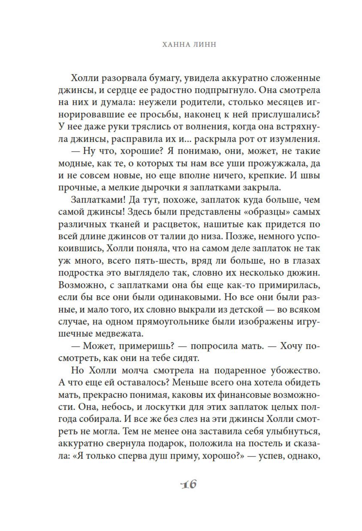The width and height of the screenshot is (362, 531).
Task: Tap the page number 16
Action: tap(188, 483)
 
